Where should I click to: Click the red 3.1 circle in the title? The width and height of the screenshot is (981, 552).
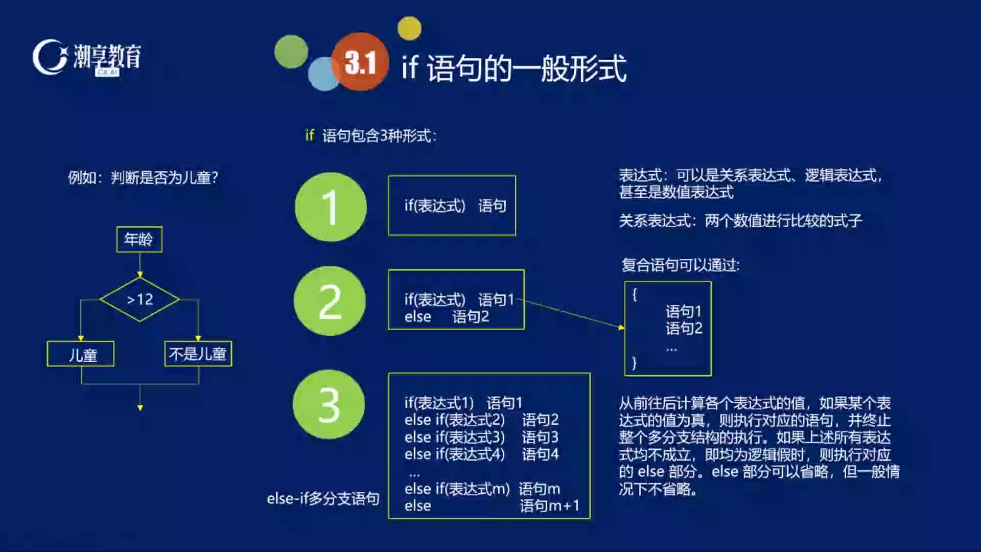(x=360, y=61)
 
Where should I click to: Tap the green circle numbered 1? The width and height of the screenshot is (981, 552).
(x=331, y=206)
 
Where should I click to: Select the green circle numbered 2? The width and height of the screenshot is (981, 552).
(x=330, y=301)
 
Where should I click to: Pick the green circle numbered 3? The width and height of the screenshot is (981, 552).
(x=329, y=404)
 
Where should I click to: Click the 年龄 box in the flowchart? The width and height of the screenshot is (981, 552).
(x=139, y=239)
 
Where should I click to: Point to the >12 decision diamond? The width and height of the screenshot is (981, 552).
(x=139, y=300)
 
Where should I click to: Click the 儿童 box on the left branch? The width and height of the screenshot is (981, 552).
(x=81, y=354)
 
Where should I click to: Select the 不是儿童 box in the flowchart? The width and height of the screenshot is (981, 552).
(x=198, y=354)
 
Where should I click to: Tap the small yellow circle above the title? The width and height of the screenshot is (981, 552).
(x=409, y=28)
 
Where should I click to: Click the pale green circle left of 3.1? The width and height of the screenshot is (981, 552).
(x=291, y=52)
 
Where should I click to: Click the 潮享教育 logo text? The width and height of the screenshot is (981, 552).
(x=107, y=56)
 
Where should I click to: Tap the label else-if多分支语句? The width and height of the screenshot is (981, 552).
(x=323, y=498)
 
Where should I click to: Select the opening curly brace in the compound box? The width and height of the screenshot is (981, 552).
(x=635, y=294)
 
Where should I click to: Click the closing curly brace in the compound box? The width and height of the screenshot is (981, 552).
(x=635, y=363)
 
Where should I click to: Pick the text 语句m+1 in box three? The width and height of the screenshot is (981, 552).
(x=550, y=505)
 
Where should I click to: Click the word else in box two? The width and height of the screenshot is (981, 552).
(x=418, y=317)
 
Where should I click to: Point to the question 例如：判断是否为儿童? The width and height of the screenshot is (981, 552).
(x=143, y=177)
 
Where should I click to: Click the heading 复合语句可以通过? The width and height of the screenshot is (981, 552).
(x=681, y=265)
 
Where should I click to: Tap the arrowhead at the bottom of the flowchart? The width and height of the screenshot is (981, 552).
(x=140, y=407)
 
